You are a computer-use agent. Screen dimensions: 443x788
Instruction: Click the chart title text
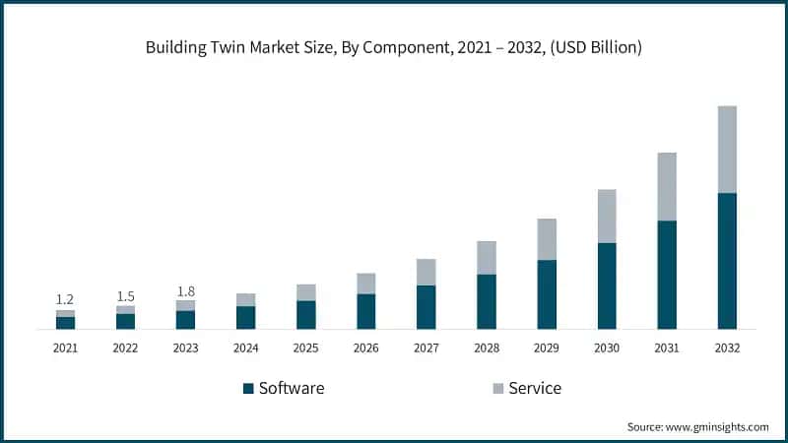tap(394, 47)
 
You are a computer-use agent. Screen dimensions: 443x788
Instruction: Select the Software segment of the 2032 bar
tap(727, 261)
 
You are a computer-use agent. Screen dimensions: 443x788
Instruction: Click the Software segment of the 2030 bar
tap(607, 285)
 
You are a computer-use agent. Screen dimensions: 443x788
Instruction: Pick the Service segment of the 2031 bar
tap(667, 187)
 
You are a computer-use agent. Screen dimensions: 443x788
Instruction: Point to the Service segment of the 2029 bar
tap(547, 239)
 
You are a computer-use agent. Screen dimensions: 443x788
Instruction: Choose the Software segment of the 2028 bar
tap(487, 301)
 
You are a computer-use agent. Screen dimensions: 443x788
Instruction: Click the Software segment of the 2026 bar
tap(366, 311)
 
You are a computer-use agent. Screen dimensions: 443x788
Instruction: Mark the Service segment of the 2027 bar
tap(427, 273)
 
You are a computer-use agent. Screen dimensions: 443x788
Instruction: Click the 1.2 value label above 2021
tap(65, 299)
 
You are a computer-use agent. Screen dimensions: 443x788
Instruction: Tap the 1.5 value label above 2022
tap(125, 295)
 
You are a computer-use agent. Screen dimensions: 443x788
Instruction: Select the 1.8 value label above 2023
tap(185, 290)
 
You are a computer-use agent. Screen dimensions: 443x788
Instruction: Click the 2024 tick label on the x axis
tap(245, 348)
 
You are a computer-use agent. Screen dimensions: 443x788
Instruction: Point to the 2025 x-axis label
tap(305, 348)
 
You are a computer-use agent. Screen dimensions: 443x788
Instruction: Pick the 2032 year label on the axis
tap(727, 348)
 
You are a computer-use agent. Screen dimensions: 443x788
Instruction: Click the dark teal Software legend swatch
tap(248, 388)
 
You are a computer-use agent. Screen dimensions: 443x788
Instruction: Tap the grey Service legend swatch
tap(497, 388)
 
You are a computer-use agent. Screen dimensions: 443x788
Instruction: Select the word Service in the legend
tap(535, 388)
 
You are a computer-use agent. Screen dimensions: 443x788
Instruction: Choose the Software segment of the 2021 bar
tap(65, 323)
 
